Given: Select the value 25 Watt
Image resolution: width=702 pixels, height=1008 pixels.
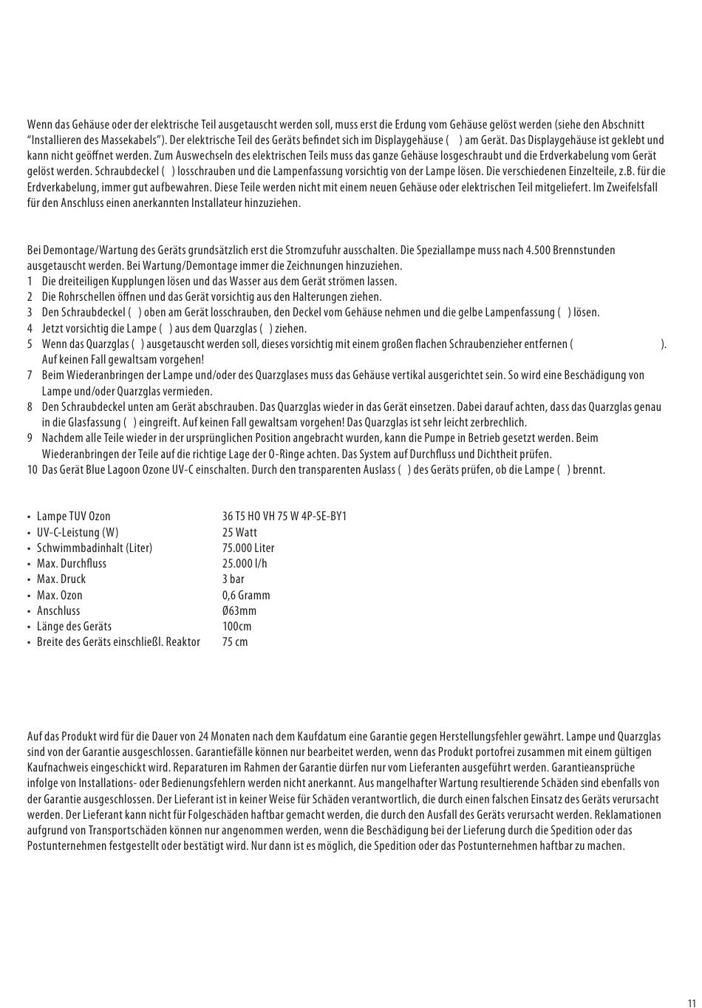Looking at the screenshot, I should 239,532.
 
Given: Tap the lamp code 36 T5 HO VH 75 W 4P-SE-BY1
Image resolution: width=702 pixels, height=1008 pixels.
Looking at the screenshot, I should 284,516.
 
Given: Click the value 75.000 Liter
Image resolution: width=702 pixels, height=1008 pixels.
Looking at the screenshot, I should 248,548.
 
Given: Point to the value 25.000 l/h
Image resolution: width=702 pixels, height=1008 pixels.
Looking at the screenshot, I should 245,563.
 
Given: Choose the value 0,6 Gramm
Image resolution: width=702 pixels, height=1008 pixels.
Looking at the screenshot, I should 246,595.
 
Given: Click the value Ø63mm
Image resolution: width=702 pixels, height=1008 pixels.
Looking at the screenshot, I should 239,610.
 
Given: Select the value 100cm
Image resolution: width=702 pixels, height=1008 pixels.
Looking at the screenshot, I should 236,626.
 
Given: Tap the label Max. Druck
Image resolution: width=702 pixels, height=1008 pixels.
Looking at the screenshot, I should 61,579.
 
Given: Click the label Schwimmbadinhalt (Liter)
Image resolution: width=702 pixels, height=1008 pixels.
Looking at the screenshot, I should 95,548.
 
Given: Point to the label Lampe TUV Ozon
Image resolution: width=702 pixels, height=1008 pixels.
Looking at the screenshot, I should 74,516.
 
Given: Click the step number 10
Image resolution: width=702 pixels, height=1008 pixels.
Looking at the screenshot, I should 32,469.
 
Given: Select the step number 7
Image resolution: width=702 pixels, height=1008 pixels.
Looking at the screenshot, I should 30,375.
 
